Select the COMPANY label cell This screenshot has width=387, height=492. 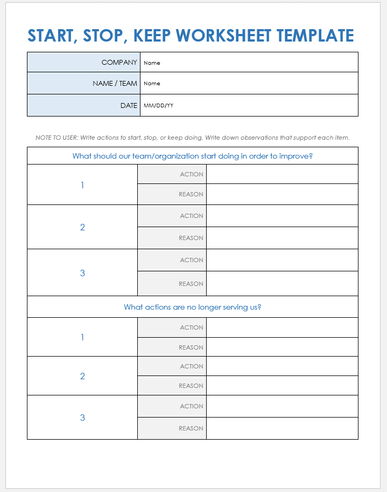(119, 62)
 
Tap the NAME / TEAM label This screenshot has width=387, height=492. (115, 83)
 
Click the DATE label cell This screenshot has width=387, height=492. (129, 105)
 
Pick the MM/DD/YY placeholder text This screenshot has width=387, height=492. (158, 106)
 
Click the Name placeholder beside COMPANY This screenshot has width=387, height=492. (152, 63)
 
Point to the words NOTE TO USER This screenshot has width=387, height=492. (56, 138)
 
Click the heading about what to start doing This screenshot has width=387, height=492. (193, 156)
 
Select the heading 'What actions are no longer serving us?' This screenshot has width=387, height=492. (193, 307)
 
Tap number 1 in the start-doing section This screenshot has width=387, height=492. (82, 185)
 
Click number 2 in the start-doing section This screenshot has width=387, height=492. (82, 227)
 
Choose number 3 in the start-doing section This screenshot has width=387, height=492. (82, 273)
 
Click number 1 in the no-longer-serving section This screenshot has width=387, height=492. (82, 337)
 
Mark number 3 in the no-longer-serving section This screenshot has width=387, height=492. (82, 418)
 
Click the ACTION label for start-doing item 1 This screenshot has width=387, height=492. (192, 174)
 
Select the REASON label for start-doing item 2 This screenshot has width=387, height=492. (191, 238)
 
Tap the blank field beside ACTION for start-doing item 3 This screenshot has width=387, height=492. (282, 260)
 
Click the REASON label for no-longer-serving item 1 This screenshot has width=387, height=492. (191, 347)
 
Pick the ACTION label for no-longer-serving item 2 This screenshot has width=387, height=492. (192, 366)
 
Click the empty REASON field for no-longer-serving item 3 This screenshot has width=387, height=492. (282, 428)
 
